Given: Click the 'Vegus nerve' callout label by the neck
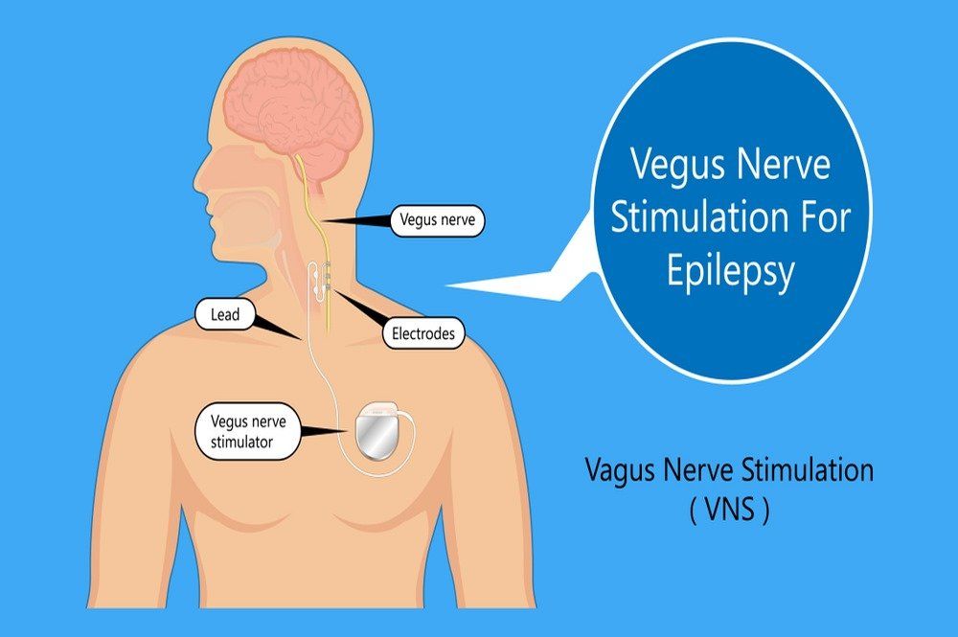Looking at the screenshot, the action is [x=438, y=220].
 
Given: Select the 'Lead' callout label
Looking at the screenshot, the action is [x=225, y=315].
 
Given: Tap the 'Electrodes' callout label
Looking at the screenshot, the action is [x=423, y=333].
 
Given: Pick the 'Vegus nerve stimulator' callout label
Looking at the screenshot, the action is [x=248, y=431].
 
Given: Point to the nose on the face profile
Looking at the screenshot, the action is [x=201, y=178].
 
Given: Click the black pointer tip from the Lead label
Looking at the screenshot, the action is [x=300, y=338].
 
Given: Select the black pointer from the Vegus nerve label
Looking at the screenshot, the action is [x=356, y=220].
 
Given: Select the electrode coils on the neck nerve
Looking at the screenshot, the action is [x=328, y=276].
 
